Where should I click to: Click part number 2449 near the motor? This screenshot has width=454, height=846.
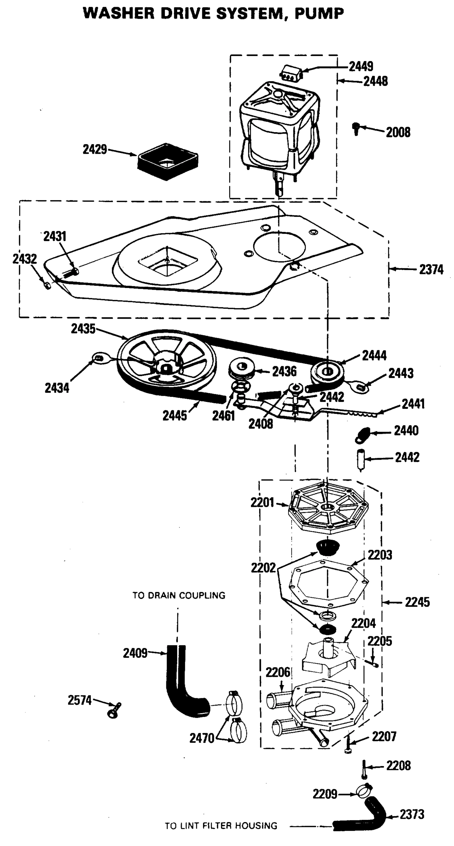click(x=361, y=66)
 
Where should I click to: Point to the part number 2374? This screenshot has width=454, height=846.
click(x=431, y=270)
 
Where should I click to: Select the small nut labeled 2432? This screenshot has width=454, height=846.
click(x=47, y=285)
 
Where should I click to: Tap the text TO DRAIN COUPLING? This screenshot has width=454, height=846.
click(x=179, y=595)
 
